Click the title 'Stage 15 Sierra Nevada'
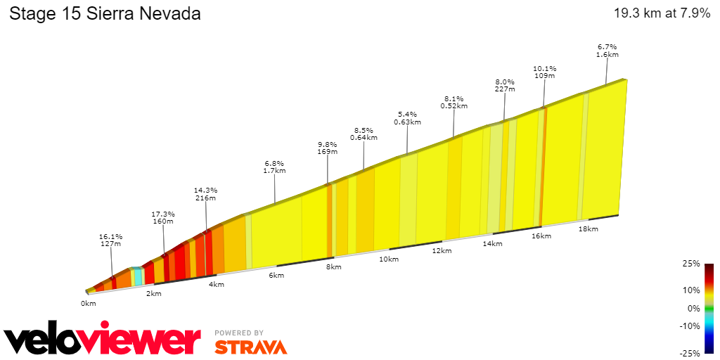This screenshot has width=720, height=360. (x=105, y=14)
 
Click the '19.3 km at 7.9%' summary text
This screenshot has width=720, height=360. (x=662, y=13)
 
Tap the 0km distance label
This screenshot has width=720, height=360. (x=88, y=304)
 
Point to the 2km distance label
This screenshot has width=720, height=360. (x=153, y=293)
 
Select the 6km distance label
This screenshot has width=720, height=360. (x=276, y=275)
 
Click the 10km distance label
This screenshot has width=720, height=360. (x=389, y=259)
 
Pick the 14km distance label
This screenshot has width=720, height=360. (x=492, y=243)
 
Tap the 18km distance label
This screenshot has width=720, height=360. (x=588, y=229)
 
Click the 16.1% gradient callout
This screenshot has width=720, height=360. (x=111, y=240)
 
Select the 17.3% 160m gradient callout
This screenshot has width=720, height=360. (x=163, y=217)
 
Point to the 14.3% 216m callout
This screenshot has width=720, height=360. (x=206, y=194)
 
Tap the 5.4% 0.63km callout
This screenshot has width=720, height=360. (x=407, y=117)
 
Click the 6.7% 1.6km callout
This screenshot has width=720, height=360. (x=607, y=50)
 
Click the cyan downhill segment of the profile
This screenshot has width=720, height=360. (x=138, y=276)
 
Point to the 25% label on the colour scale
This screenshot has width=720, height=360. (x=690, y=264)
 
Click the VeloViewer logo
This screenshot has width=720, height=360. (x=103, y=340)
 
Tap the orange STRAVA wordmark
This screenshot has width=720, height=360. (x=250, y=347)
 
